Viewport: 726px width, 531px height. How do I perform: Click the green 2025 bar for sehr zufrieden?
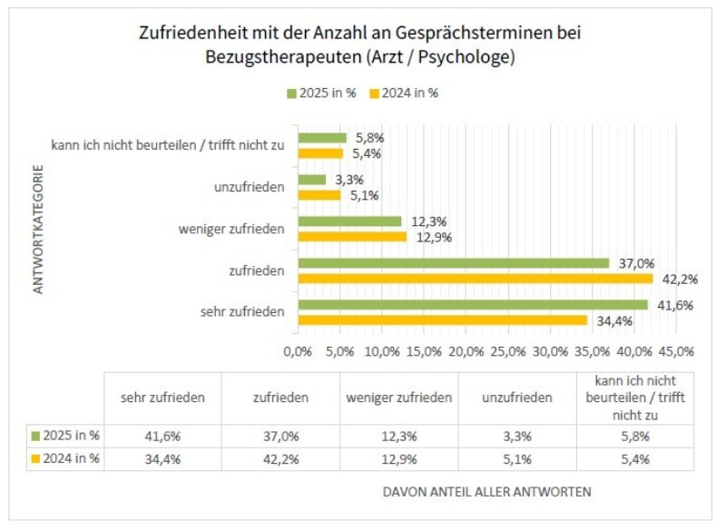pos(472,305)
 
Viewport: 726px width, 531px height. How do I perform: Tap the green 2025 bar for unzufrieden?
pos(311,180)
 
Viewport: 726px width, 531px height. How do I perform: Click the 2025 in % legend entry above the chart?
pos(320,93)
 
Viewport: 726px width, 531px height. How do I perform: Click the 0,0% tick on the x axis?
pos(298,351)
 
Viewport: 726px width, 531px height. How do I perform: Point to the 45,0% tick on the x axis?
pos(677,351)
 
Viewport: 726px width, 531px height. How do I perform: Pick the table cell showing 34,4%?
pos(163,458)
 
